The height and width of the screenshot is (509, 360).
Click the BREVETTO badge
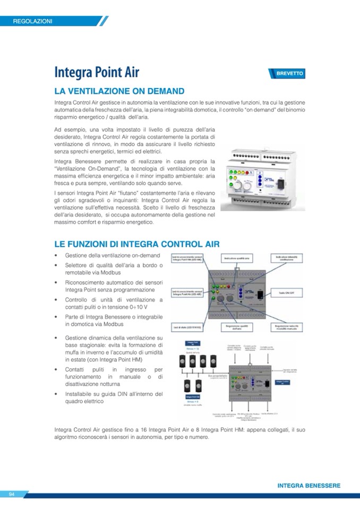287,74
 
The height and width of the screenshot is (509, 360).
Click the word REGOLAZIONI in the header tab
33,21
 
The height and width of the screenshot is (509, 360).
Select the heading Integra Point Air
97,73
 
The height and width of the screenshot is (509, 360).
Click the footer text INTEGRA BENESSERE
308,486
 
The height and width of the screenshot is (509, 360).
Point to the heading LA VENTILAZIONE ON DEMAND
119,91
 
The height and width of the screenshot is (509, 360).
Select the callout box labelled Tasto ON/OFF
287,292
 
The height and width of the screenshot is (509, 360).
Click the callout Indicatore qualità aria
239,258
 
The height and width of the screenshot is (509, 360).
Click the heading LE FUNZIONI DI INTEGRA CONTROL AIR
137,244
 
